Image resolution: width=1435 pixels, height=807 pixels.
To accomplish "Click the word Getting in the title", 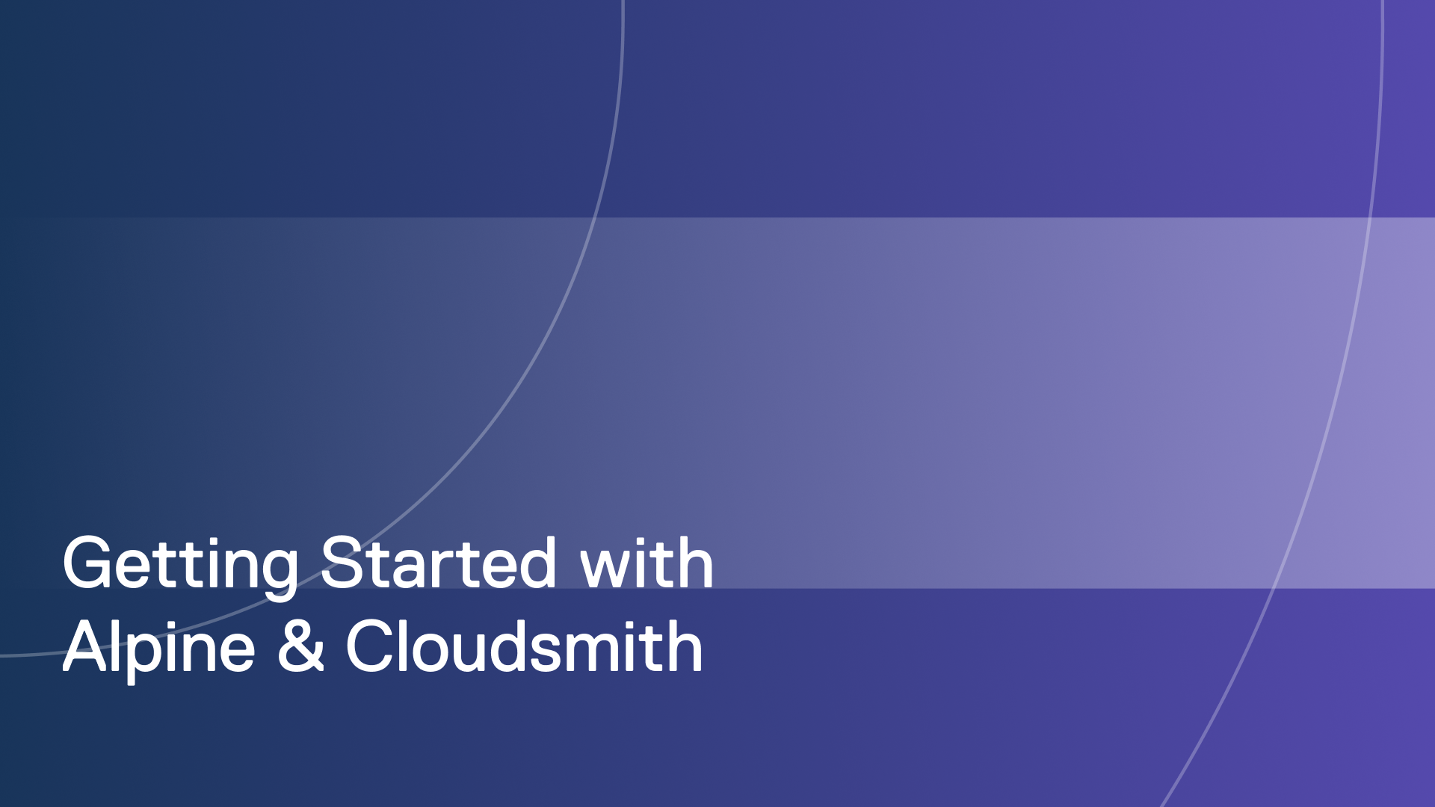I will (179, 565).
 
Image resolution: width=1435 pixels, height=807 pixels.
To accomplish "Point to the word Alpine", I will (158, 647).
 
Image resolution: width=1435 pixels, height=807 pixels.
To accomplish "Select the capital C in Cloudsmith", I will (371, 646).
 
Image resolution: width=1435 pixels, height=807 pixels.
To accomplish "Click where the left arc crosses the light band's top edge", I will (596, 217).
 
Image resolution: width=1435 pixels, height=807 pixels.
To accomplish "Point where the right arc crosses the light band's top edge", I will (1371, 217).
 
